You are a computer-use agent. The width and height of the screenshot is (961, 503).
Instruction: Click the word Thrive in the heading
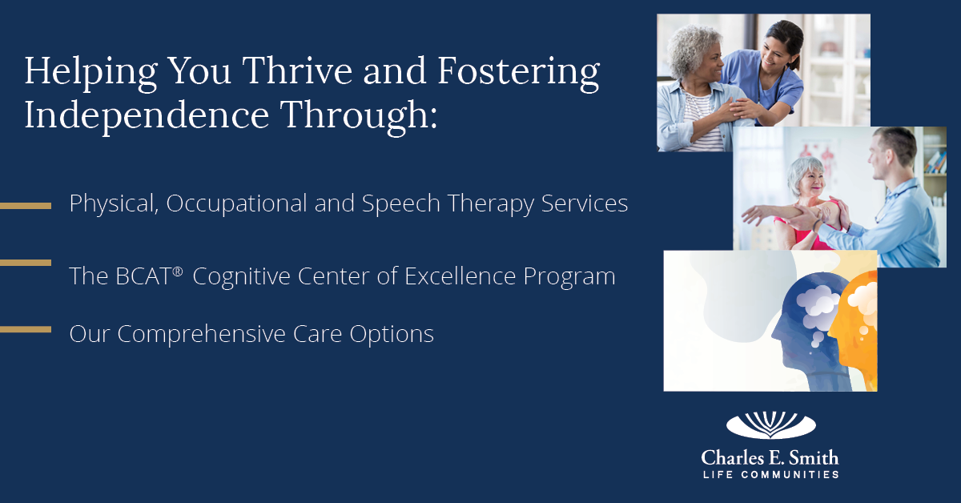click(297, 70)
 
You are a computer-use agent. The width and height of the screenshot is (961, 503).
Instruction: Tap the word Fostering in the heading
click(519, 74)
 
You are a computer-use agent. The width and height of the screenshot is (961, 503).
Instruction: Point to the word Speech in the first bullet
click(400, 204)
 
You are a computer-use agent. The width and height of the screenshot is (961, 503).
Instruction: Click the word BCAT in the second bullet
click(143, 276)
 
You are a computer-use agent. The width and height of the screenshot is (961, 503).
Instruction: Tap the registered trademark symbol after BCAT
click(178, 272)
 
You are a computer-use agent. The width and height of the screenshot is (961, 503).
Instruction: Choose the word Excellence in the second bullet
click(460, 276)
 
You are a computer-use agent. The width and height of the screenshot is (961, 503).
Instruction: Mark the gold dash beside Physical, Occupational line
click(26, 206)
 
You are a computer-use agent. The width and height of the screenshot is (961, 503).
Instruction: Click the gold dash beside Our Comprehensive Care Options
click(26, 330)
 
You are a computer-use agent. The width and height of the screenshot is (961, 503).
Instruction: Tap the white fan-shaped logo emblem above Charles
click(771, 425)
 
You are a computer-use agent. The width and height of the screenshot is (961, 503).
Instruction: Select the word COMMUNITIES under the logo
click(790, 475)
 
